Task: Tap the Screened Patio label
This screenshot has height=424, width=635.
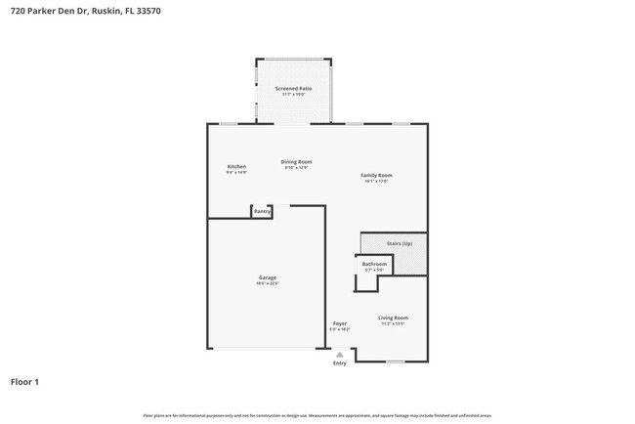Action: (293, 89)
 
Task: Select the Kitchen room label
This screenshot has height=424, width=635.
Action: (236, 166)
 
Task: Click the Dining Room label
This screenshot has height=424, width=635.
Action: (296, 161)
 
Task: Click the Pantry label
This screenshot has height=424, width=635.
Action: (262, 211)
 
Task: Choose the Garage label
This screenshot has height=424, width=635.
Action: (267, 277)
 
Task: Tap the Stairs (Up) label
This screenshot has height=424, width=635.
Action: (400, 243)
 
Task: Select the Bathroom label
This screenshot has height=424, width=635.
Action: (374, 264)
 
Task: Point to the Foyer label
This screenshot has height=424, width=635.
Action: (339, 323)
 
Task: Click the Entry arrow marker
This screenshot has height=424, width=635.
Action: (339, 355)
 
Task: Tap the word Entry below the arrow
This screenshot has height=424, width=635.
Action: (339, 363)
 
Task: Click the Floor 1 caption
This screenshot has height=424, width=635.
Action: (24, 382)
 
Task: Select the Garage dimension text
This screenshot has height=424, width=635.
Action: (267, 284)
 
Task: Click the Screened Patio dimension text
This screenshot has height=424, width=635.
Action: (293, 95)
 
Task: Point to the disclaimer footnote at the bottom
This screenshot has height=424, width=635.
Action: (317, 415)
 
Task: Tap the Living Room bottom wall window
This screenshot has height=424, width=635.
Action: (395, 361)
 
